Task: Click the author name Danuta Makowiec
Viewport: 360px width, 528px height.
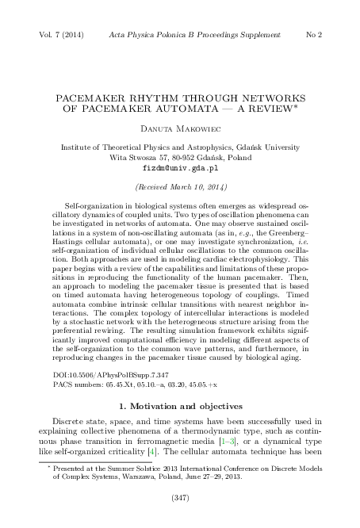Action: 179,129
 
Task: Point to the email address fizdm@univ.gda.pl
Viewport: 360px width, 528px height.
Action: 179,168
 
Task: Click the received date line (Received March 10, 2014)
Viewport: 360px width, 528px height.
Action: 179,187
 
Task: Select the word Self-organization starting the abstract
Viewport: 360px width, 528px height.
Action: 100,205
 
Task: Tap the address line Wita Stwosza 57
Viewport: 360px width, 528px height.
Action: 179,158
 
